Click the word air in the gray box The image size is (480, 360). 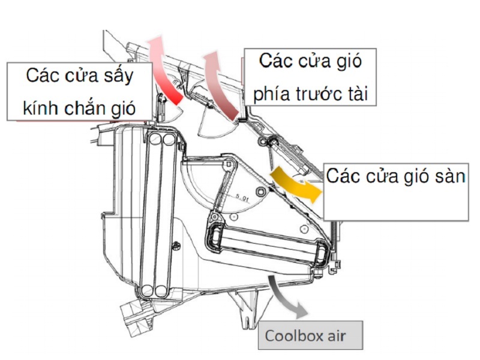tap(337, 336)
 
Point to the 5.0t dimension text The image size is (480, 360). tap(243, 198)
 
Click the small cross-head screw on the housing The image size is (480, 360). tap(176, 245)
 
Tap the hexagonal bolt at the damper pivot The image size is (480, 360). tap(261, 192)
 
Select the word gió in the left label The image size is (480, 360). tap(124, 109)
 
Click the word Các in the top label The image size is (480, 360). tap(274, 61)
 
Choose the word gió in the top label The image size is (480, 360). tap(350, 61)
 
